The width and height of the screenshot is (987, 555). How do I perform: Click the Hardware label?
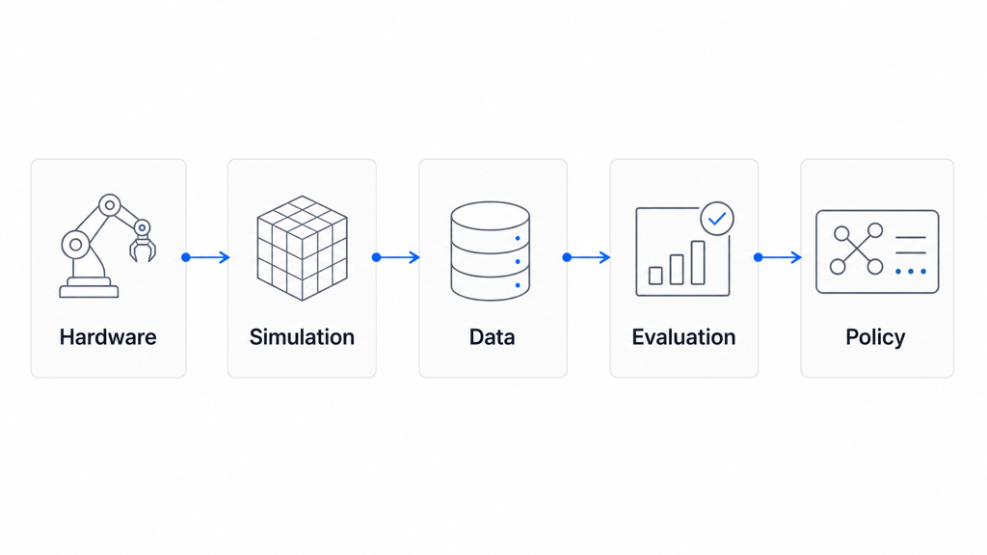click(108, 336)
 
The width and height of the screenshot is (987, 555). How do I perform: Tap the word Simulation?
click(302, 336)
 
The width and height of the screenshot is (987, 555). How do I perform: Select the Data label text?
click(493, 336)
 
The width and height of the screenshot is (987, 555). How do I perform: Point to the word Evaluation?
click(683, 336)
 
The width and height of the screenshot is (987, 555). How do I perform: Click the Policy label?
click(875, 337)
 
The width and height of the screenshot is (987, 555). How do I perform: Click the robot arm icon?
click(108, 246)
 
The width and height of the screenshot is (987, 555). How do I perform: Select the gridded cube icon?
click(302, 248)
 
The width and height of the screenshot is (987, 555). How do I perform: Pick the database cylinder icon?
click(491, 251)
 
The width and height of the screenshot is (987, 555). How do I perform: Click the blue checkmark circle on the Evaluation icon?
click(717, 219)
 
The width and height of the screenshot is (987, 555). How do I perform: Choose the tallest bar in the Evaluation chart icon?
click(698, 262)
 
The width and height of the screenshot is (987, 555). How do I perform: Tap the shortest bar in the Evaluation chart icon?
click(655, 276)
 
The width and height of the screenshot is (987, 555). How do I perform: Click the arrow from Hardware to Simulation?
click(206, 257)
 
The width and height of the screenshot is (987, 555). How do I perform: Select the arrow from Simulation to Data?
click(396, 257)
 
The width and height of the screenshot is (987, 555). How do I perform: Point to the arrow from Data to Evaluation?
click(587, 257)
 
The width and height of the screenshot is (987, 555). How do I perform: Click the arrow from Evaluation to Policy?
click(778, 257)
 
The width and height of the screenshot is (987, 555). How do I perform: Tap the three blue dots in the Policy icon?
click(911, 271)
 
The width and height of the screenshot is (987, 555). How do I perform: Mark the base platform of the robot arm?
click(89, 291)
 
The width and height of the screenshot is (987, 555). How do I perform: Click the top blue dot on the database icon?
click(518, 239)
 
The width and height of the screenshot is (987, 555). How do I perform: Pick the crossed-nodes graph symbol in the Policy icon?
click(856, 250)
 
